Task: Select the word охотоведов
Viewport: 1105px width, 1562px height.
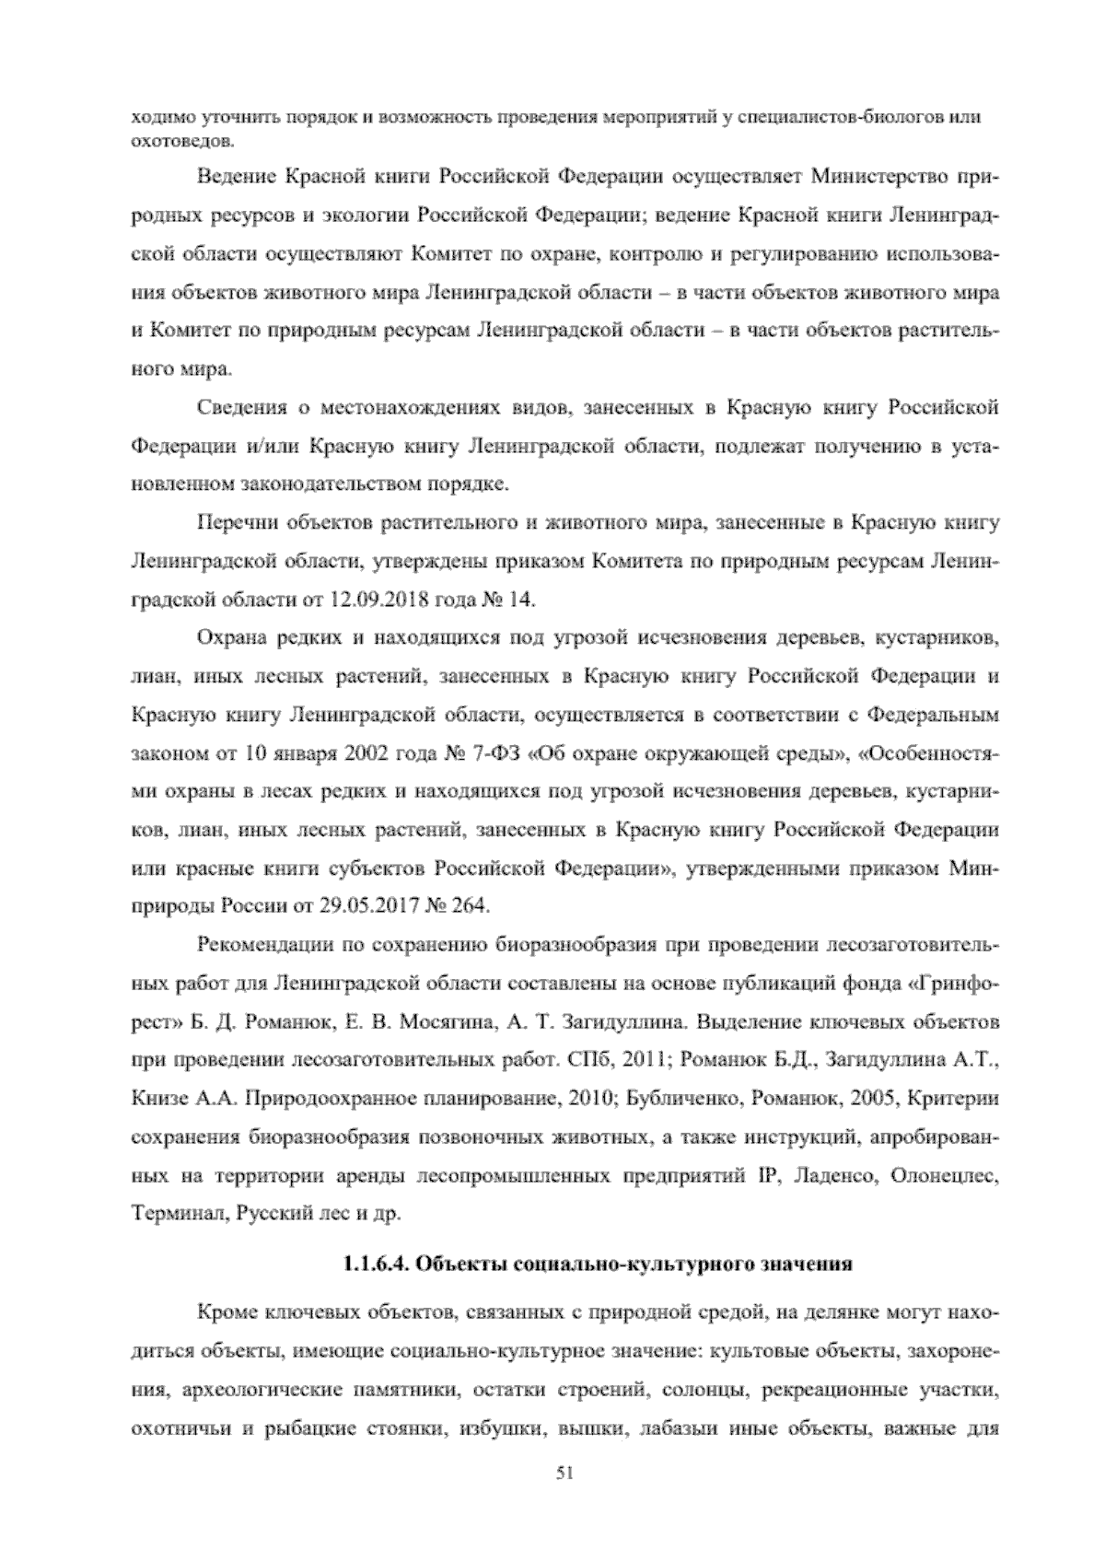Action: (169, 141)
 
